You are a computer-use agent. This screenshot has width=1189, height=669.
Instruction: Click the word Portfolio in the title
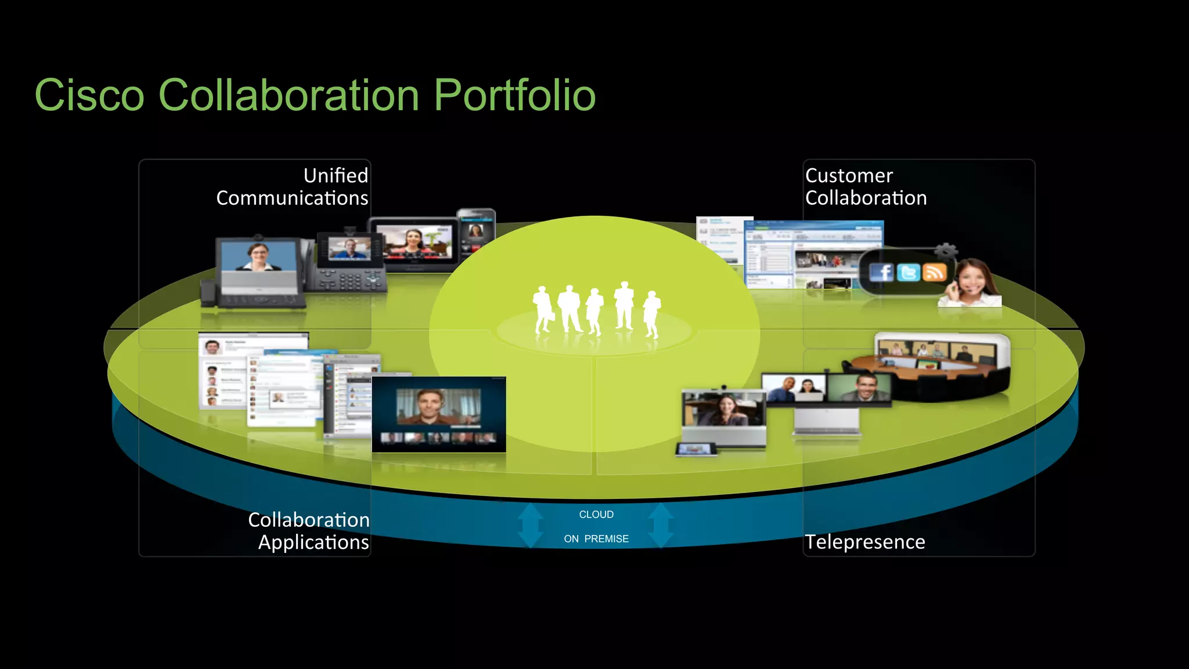(514, 95)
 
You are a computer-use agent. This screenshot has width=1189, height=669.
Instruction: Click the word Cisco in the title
(89, 95)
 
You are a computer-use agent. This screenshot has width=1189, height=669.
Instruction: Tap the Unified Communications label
(292, 186)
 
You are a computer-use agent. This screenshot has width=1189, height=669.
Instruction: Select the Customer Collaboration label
(865, 186)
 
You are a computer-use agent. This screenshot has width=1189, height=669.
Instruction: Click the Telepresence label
(864, 541)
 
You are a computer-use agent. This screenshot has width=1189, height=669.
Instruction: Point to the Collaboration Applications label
(309, 530)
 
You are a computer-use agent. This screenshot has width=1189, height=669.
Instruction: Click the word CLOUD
(596, 514)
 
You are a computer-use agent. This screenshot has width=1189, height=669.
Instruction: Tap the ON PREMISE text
(596, 538)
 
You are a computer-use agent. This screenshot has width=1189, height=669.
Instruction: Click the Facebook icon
(881, 272)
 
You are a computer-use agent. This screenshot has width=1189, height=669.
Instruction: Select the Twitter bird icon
(908, 272)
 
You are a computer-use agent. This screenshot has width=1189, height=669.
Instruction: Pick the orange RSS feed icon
(934, 272)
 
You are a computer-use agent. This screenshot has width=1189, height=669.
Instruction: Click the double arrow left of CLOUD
(530, 525)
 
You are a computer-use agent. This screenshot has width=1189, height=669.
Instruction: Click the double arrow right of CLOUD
(661, 525)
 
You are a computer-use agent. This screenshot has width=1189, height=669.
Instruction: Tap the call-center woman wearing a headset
(971, 284)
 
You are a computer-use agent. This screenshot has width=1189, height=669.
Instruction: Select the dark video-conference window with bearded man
(438, 414)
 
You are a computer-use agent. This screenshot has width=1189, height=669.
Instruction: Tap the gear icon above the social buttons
(945, 251)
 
